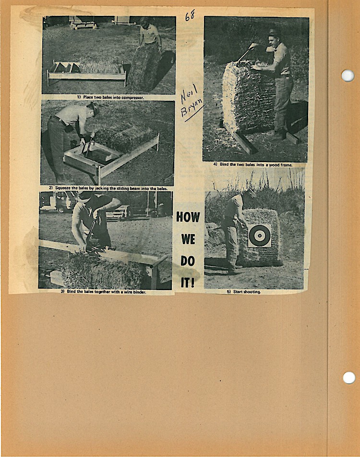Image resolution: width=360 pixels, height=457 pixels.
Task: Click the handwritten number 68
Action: point(190,15)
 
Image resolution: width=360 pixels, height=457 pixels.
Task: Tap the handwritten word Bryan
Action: point(192,108)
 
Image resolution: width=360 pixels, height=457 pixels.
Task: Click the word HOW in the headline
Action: point(188,217)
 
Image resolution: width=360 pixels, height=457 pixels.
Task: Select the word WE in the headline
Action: point(188,239)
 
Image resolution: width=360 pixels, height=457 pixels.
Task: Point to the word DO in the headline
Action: point(188,261)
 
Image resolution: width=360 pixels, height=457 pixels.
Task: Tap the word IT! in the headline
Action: point(188,282)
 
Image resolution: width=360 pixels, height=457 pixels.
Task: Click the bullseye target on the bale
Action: point(259,235)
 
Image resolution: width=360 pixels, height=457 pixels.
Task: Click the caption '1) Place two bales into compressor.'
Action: point(110,97)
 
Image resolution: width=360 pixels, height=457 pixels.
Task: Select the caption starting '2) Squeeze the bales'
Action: point(108,188)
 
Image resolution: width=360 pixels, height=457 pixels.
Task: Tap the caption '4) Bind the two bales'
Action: point(253,164)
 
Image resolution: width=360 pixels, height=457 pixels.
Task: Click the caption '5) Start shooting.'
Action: point(244,292)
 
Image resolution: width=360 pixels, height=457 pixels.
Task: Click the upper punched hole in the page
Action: point(348,75)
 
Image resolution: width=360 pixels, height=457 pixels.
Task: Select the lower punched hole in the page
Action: point(349,377)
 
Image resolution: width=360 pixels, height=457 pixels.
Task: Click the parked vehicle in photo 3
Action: point(57,202)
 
